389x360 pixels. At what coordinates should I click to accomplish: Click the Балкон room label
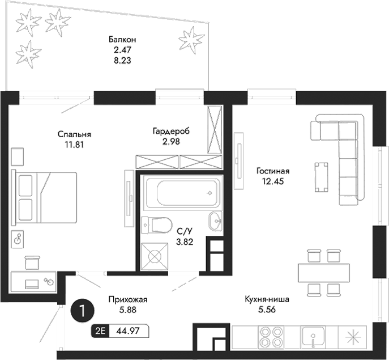point(122,40)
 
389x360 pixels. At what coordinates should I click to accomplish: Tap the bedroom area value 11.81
point(74,144)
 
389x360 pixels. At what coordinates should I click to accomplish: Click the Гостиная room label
point(273,171)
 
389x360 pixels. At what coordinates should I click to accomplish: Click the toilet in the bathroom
point(156,225)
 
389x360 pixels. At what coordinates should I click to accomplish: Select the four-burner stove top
point(271,337)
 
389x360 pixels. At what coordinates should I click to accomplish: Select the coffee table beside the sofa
point(321,176)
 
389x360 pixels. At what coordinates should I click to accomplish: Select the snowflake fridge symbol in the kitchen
point(353,337)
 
